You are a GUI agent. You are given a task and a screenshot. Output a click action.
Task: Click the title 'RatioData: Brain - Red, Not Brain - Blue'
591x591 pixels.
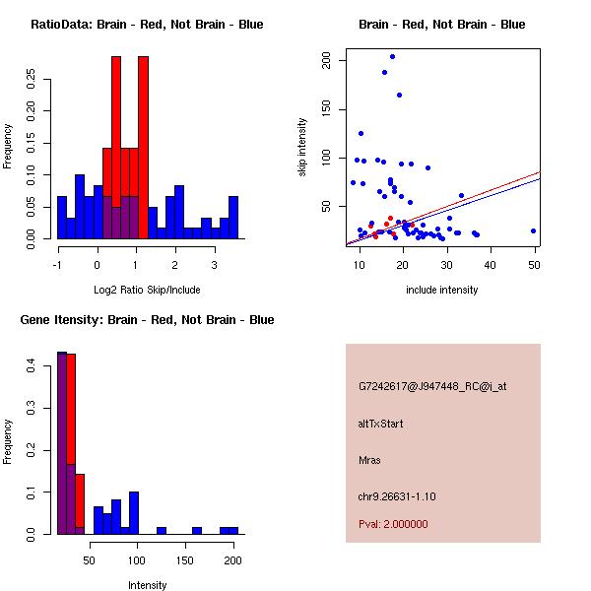(147, 25)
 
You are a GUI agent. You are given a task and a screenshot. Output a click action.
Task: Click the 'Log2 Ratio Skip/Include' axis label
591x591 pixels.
(147, 290)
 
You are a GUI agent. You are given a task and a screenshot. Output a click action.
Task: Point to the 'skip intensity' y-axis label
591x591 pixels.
(302, 148)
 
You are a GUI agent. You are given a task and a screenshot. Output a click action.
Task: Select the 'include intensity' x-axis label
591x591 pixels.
(442, 290)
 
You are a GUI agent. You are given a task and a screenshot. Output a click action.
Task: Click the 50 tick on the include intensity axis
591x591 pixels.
(533, 263)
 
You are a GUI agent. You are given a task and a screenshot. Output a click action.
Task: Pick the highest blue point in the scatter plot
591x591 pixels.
(392, 57)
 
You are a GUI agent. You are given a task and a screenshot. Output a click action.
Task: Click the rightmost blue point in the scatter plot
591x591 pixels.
(533, 231)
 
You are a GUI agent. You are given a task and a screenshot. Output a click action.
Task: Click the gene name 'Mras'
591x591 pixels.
(369, 460)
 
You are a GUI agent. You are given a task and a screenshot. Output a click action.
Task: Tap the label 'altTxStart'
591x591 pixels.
(380, 424)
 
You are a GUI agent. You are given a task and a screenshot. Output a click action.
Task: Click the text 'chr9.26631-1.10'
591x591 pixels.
(397, 495)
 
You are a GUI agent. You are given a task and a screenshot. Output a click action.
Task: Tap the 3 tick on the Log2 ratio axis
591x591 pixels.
(214, 263)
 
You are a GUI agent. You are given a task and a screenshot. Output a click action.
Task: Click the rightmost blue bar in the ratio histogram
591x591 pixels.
(233, 218)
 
